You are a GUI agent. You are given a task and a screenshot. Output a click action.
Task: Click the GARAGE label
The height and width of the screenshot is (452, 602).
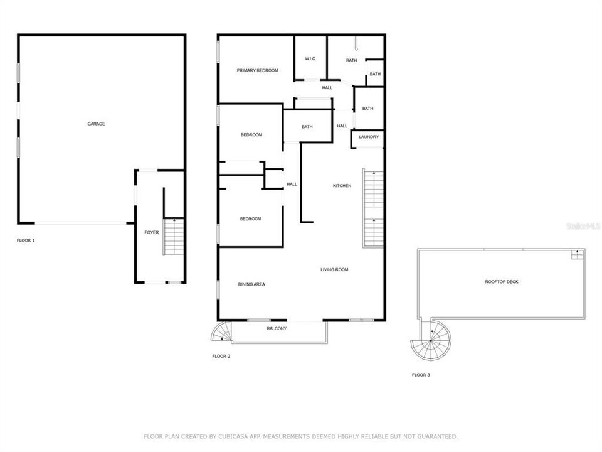click(x=96, y=124)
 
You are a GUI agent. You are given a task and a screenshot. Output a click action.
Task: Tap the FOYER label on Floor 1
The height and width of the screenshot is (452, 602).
click(x=152, y=232)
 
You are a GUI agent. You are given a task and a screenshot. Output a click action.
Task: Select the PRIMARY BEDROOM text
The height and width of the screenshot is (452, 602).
click(x=257, y=70)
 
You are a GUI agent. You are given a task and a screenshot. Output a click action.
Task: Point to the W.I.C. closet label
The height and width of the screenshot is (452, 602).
click(x=310, y=59)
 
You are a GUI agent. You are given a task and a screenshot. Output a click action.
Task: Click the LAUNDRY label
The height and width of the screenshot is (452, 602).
click(x=368, y=137)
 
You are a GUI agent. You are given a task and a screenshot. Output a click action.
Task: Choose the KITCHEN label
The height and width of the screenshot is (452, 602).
click(x=342, y=185)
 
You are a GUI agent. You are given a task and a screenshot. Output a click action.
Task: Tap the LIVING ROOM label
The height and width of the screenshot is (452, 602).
click(x=334, y=270)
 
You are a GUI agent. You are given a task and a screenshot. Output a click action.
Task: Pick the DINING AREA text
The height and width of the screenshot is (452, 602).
click(x=251, y=284)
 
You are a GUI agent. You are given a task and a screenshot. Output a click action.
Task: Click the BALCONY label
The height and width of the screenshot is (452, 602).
click(x=277, y=328)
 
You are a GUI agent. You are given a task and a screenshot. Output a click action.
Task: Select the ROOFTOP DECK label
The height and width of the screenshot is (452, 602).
click(x=502, y=282)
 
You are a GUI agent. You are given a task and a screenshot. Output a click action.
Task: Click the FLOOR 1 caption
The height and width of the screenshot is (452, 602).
click(x=26, y=240)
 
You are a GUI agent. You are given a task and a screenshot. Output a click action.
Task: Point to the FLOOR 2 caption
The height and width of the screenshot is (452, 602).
click(x=221, y=357)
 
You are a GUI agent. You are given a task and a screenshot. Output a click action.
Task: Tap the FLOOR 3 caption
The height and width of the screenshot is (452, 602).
click(x=421, y=375)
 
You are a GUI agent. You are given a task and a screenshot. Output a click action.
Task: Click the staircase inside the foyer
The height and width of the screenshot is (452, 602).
click(x=173, y=237)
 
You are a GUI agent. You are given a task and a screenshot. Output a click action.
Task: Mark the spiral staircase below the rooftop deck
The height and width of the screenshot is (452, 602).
click(x=431, y=342)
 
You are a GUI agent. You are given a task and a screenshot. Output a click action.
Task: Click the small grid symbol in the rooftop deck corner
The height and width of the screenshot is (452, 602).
click(x=576, y=254)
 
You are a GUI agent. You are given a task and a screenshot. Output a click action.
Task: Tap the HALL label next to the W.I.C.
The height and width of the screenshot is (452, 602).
click(x=327, y=87)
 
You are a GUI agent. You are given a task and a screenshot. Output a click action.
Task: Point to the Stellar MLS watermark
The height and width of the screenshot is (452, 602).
click(x=583, y=225)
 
